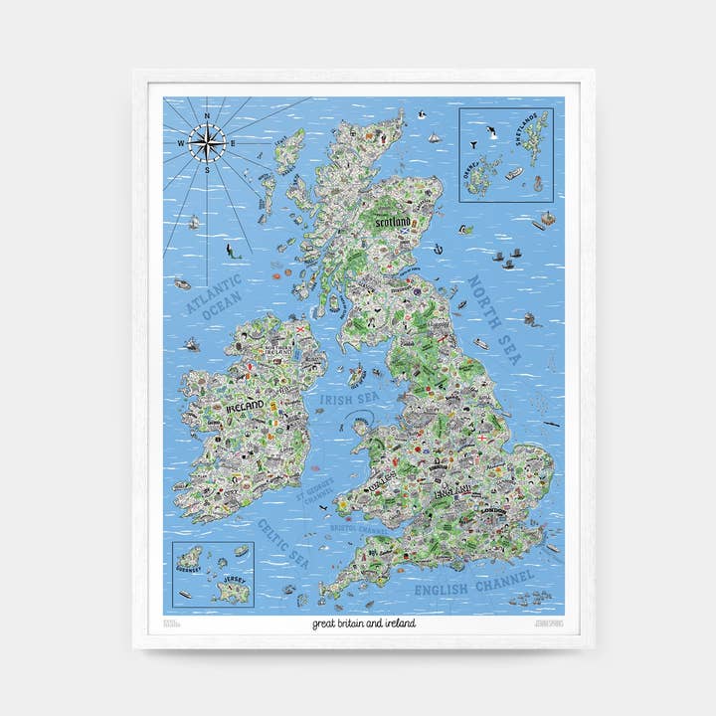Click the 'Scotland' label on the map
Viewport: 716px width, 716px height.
(x=392, y=223)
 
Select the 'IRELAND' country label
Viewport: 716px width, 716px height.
(x=244, y=406)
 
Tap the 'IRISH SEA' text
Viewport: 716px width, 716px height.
(x=341, y=400)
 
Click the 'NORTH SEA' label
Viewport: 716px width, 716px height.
(x=495, y=319)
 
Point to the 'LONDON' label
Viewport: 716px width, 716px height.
(x=492, y=511)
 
